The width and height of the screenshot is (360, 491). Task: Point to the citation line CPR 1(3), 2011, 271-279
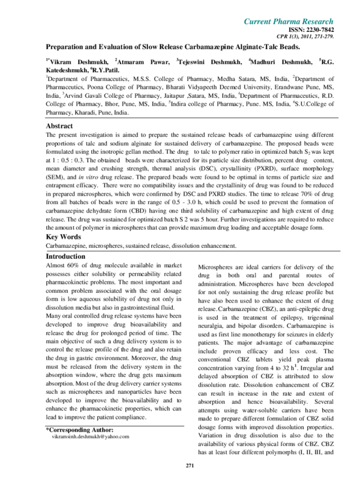pyautogui.click(x=309, y=37)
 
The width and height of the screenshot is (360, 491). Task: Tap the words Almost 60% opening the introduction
pyautogui.click(x=63, y=265)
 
